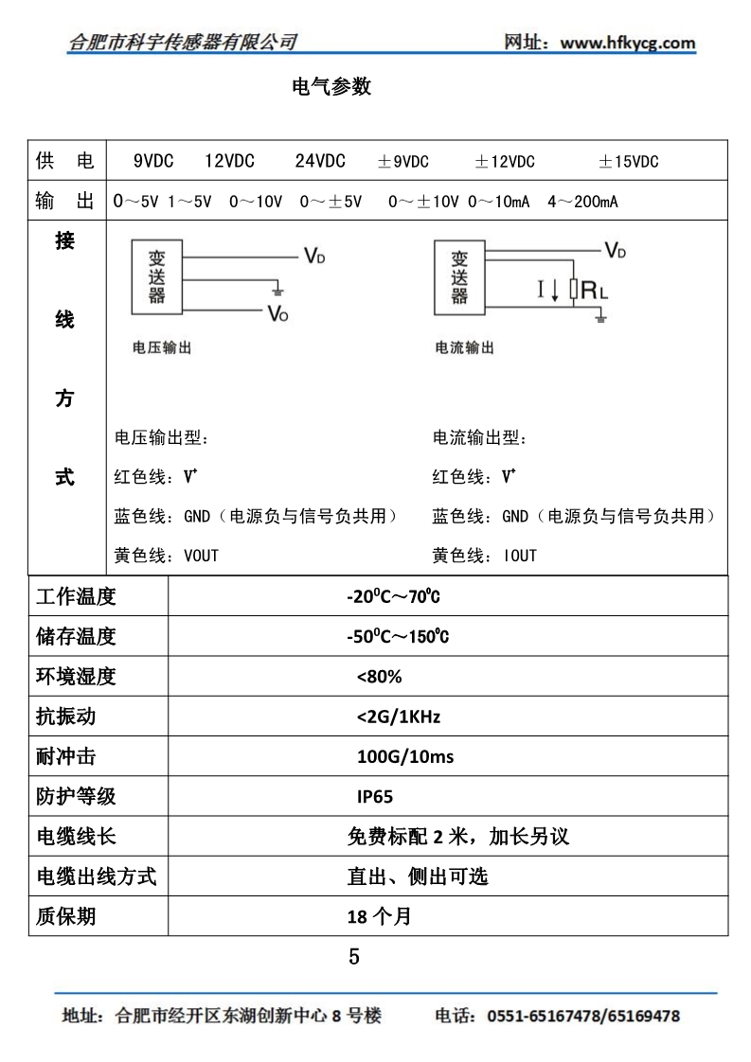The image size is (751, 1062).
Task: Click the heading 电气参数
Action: tap(331, 87)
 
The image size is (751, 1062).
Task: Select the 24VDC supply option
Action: tap(319, 161)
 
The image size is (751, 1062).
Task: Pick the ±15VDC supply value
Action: tap(628, 161)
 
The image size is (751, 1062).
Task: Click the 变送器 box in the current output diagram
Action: tap(459, 276)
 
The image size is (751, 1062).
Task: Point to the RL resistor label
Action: tap(594, 290)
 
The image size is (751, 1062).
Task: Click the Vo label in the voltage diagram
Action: tap(277, 313)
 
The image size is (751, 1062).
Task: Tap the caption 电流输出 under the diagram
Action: tap(464, 348)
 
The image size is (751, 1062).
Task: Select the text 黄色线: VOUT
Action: tap(166, 556)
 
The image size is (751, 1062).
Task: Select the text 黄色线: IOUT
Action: tap(484, 556)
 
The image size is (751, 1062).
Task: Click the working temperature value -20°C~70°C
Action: tap(394, 597)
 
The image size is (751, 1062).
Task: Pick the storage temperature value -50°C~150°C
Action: tap(398, 637)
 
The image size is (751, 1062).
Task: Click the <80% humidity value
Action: tap(380, 677)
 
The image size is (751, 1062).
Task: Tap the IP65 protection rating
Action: tap(375, 796)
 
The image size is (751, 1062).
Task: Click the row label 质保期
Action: tap(65, 916)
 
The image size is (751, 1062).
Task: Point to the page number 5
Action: tap(354, 957)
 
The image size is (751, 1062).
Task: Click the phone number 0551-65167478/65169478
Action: tap(582, 1017)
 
